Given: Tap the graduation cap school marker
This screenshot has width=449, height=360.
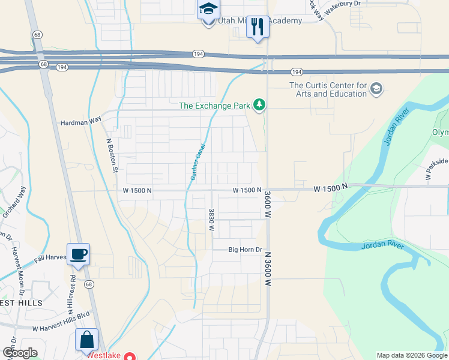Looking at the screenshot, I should (x=209, y=9).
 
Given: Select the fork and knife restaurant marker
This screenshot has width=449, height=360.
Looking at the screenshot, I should (x=258, y=26).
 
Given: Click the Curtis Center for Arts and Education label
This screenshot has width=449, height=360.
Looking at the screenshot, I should (x=328, y=89).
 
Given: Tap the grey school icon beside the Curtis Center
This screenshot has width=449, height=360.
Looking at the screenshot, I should (x=376, y=89).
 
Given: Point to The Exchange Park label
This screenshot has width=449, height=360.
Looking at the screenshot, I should (x=214, y=106).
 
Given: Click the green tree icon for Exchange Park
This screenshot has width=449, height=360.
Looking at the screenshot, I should (x=259, y=106).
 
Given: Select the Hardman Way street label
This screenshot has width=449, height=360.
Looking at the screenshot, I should (x=81, y=122).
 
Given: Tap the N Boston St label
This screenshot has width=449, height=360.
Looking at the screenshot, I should (x=112, y=155).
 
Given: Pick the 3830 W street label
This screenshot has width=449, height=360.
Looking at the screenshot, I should (x=211, y=220).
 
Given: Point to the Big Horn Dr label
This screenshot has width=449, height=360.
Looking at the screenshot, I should (x=246, y=250).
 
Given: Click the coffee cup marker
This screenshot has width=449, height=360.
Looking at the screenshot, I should (x=79, y=253).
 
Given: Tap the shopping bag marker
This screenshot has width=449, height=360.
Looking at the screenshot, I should (x=86, y=339).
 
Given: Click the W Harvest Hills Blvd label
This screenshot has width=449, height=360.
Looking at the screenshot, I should (x=61, y=328).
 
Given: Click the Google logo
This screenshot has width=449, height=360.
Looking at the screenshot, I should (x=20, y=353).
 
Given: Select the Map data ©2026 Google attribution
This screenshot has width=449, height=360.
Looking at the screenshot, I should (x=411, y=355).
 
